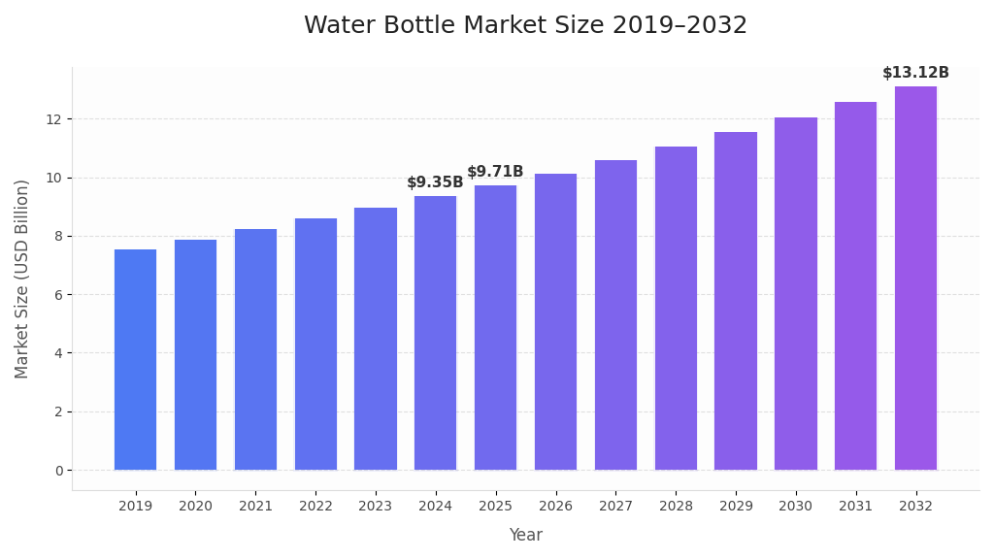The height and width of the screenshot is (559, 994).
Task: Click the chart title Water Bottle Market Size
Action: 525,26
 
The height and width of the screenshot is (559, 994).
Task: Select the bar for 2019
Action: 135,359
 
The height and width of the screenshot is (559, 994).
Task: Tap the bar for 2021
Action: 255,349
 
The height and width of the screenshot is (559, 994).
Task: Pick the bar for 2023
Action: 376,339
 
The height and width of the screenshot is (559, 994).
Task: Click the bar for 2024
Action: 435,333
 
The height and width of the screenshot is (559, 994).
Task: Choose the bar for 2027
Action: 615,314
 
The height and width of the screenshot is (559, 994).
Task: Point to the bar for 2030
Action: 796,293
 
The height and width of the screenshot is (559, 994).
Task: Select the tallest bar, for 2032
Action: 915,278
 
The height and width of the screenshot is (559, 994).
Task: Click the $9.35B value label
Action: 435,182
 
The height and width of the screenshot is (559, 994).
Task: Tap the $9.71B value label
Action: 495,172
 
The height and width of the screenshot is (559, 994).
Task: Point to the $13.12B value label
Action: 915,73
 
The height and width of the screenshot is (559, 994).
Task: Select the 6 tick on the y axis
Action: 58,295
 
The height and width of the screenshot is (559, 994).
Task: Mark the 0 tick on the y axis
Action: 58,471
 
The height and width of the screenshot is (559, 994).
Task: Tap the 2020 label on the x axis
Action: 195,506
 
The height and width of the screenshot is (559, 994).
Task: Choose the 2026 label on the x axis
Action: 555,506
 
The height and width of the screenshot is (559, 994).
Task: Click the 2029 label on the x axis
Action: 736,506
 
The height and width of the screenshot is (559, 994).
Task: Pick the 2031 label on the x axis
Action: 855,506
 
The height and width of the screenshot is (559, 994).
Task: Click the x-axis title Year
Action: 525,535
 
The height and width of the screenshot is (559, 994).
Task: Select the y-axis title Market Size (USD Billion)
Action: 22,279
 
